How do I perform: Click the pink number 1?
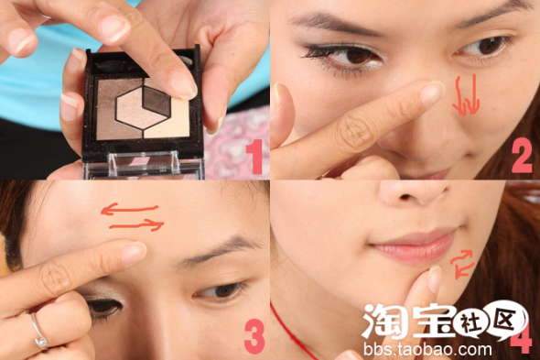point(254,157)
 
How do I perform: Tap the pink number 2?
point(522,155)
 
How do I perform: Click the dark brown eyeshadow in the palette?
point(157,101)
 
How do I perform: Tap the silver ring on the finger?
point(39,333)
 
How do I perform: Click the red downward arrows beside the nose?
point(466,95)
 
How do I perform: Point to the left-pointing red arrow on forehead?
point(129,209)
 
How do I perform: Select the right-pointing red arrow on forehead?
point(136,225)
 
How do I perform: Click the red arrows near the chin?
point(462,264)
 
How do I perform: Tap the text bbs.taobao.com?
point(427,349)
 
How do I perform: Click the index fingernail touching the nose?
point(430,93)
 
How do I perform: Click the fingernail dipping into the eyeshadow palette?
point(184,85)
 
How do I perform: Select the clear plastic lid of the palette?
point(144,166)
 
